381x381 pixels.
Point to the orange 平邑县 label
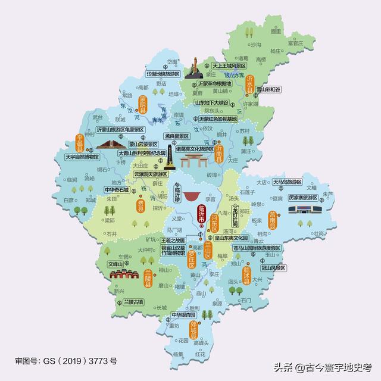(81, 143)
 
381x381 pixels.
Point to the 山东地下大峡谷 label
(211, 103)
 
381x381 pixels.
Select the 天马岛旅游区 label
(287, 182)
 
